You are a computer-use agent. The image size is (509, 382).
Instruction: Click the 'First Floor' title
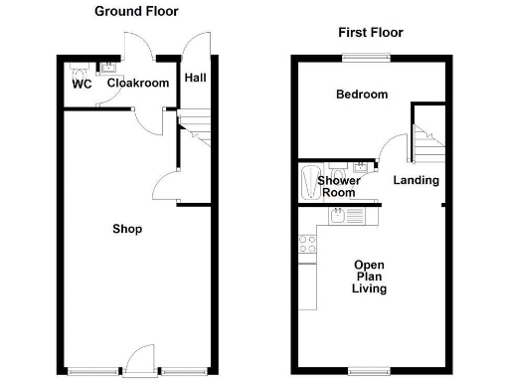370,33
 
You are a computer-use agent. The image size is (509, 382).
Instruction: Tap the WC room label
82,85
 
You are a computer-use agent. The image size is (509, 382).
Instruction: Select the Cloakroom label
138,84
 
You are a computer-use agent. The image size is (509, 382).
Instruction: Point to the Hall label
195,77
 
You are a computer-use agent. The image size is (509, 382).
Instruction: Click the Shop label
127,230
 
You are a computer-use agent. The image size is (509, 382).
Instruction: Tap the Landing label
416,180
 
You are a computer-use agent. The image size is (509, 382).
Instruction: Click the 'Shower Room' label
339,186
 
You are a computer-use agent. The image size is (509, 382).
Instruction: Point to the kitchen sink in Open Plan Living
341,216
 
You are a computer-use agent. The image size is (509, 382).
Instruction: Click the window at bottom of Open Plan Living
367,373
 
